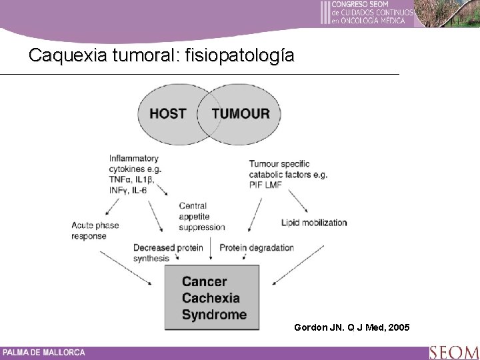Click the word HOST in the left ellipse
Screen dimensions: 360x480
pyautogui.click(x=167, y=113)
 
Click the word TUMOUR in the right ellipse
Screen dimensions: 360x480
pyautogui.click(x=241, y=113)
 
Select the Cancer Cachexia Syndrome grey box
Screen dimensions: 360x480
pyautogui.click(x=215, y=298)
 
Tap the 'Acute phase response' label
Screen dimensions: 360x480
pyautogui.click(x=95, y=230)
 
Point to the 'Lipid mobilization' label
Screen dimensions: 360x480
pyautogui.click(x=314, y=222)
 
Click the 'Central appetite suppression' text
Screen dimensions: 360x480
pyautogui.click(x=202, y=216)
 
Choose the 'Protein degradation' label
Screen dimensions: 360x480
pyautogui.click(x=257, y=247)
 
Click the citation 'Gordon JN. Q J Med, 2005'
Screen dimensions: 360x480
pyautogui.click(x=353, y=327)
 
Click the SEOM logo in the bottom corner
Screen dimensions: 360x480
pyautogui.click(x=453, y=351)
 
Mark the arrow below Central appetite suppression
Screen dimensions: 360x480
pyautogui.click(x=211, y=249)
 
